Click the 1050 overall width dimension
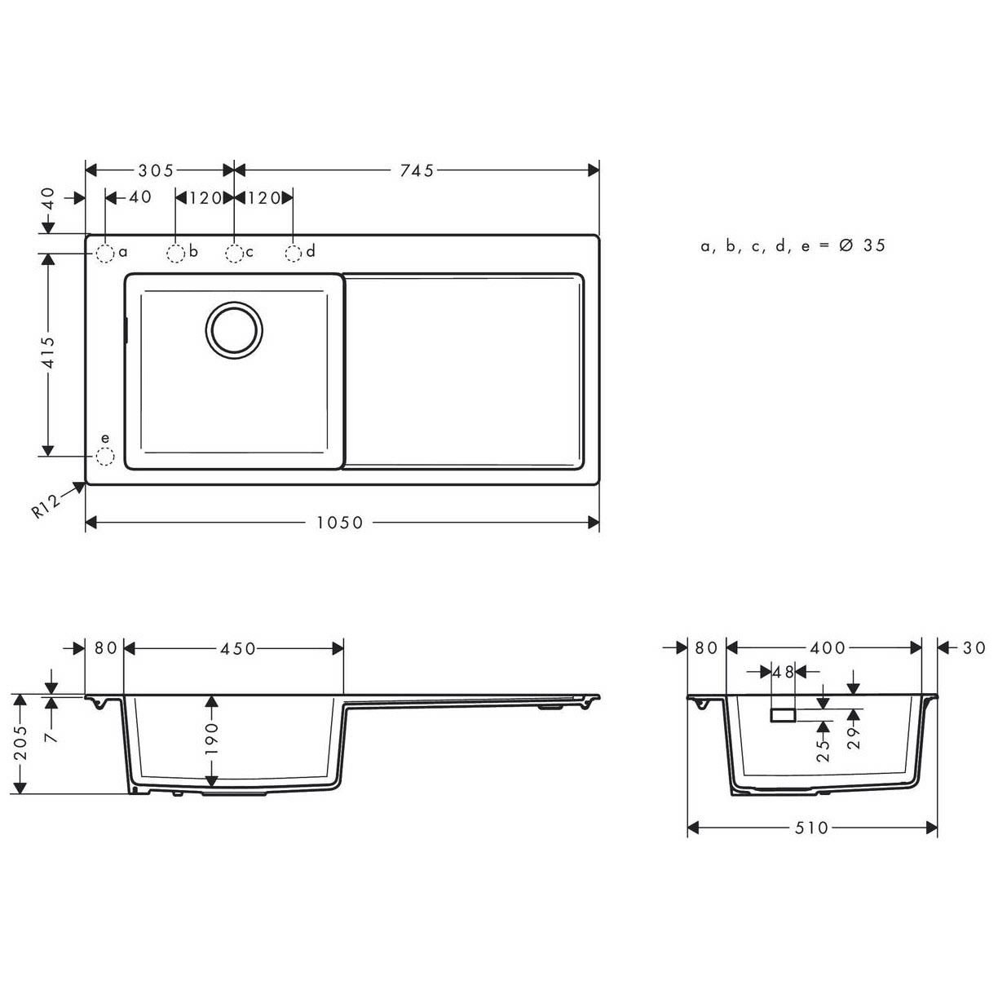[340, 523]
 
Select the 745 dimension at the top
[417, 170]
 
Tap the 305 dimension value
[157, 170]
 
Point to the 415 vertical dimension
[48, 353]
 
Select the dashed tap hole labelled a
[104, 254]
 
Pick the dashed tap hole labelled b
[175, 254]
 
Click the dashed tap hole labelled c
[234, 254]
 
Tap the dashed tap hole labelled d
[294, 254]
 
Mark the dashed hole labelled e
[104, 457]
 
